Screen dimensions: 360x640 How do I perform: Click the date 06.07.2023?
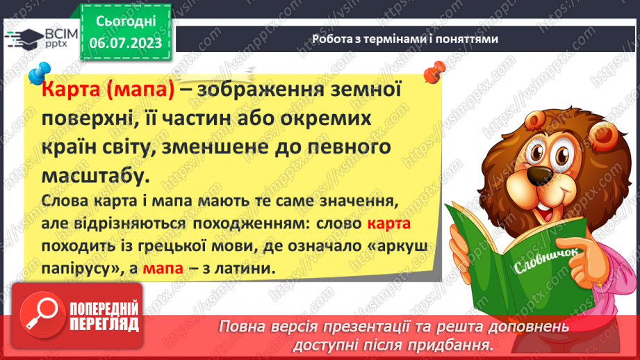coord(124,42)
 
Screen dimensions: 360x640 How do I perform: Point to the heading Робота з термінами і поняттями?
coord(405,39)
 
